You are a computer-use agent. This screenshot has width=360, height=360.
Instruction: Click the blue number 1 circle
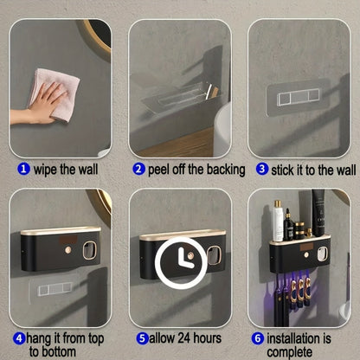[x=23, y=169]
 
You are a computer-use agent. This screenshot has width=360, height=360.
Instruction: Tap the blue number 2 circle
[x=138, y=169]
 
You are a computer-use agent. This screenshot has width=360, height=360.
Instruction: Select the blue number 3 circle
[x=262, y=169]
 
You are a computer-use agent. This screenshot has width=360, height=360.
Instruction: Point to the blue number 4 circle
[x=19, y=338]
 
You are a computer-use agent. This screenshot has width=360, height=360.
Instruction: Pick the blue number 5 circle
[x=143, y=338]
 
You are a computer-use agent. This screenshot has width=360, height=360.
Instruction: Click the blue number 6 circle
[x=258, y=338]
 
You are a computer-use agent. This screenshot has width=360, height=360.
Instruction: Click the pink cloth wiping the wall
[x=55, y=93]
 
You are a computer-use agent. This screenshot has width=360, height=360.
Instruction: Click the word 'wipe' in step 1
[x=46, y=170]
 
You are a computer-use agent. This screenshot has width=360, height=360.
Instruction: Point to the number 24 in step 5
[x=183, y=338]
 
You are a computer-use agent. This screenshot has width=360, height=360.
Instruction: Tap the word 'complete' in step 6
[x=289, y=352]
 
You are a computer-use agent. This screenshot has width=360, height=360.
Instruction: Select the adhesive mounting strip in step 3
[x=298, y=97]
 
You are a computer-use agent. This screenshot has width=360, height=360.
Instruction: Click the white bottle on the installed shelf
[x=278, y=221]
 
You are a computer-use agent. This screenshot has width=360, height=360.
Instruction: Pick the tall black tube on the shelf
[x=319, y=212]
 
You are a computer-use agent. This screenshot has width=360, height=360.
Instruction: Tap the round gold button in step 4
[x=68, y=250]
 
